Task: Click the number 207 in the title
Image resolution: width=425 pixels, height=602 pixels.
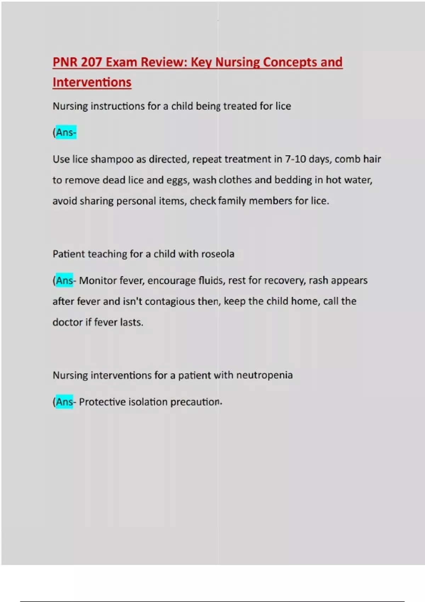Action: [x=91, y=62]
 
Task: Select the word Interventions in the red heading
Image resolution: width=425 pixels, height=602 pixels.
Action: [x=92, y=83]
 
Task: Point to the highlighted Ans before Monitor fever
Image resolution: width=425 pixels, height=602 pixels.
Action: [x=64, y=281]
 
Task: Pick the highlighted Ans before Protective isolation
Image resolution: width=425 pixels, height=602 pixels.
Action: [x=64, y=402]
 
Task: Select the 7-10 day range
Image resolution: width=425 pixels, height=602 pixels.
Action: [x=295, y=159]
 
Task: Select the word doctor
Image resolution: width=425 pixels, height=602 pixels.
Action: [x=67, y=323]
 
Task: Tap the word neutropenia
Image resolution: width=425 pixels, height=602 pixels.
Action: [x=264, y=375]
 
